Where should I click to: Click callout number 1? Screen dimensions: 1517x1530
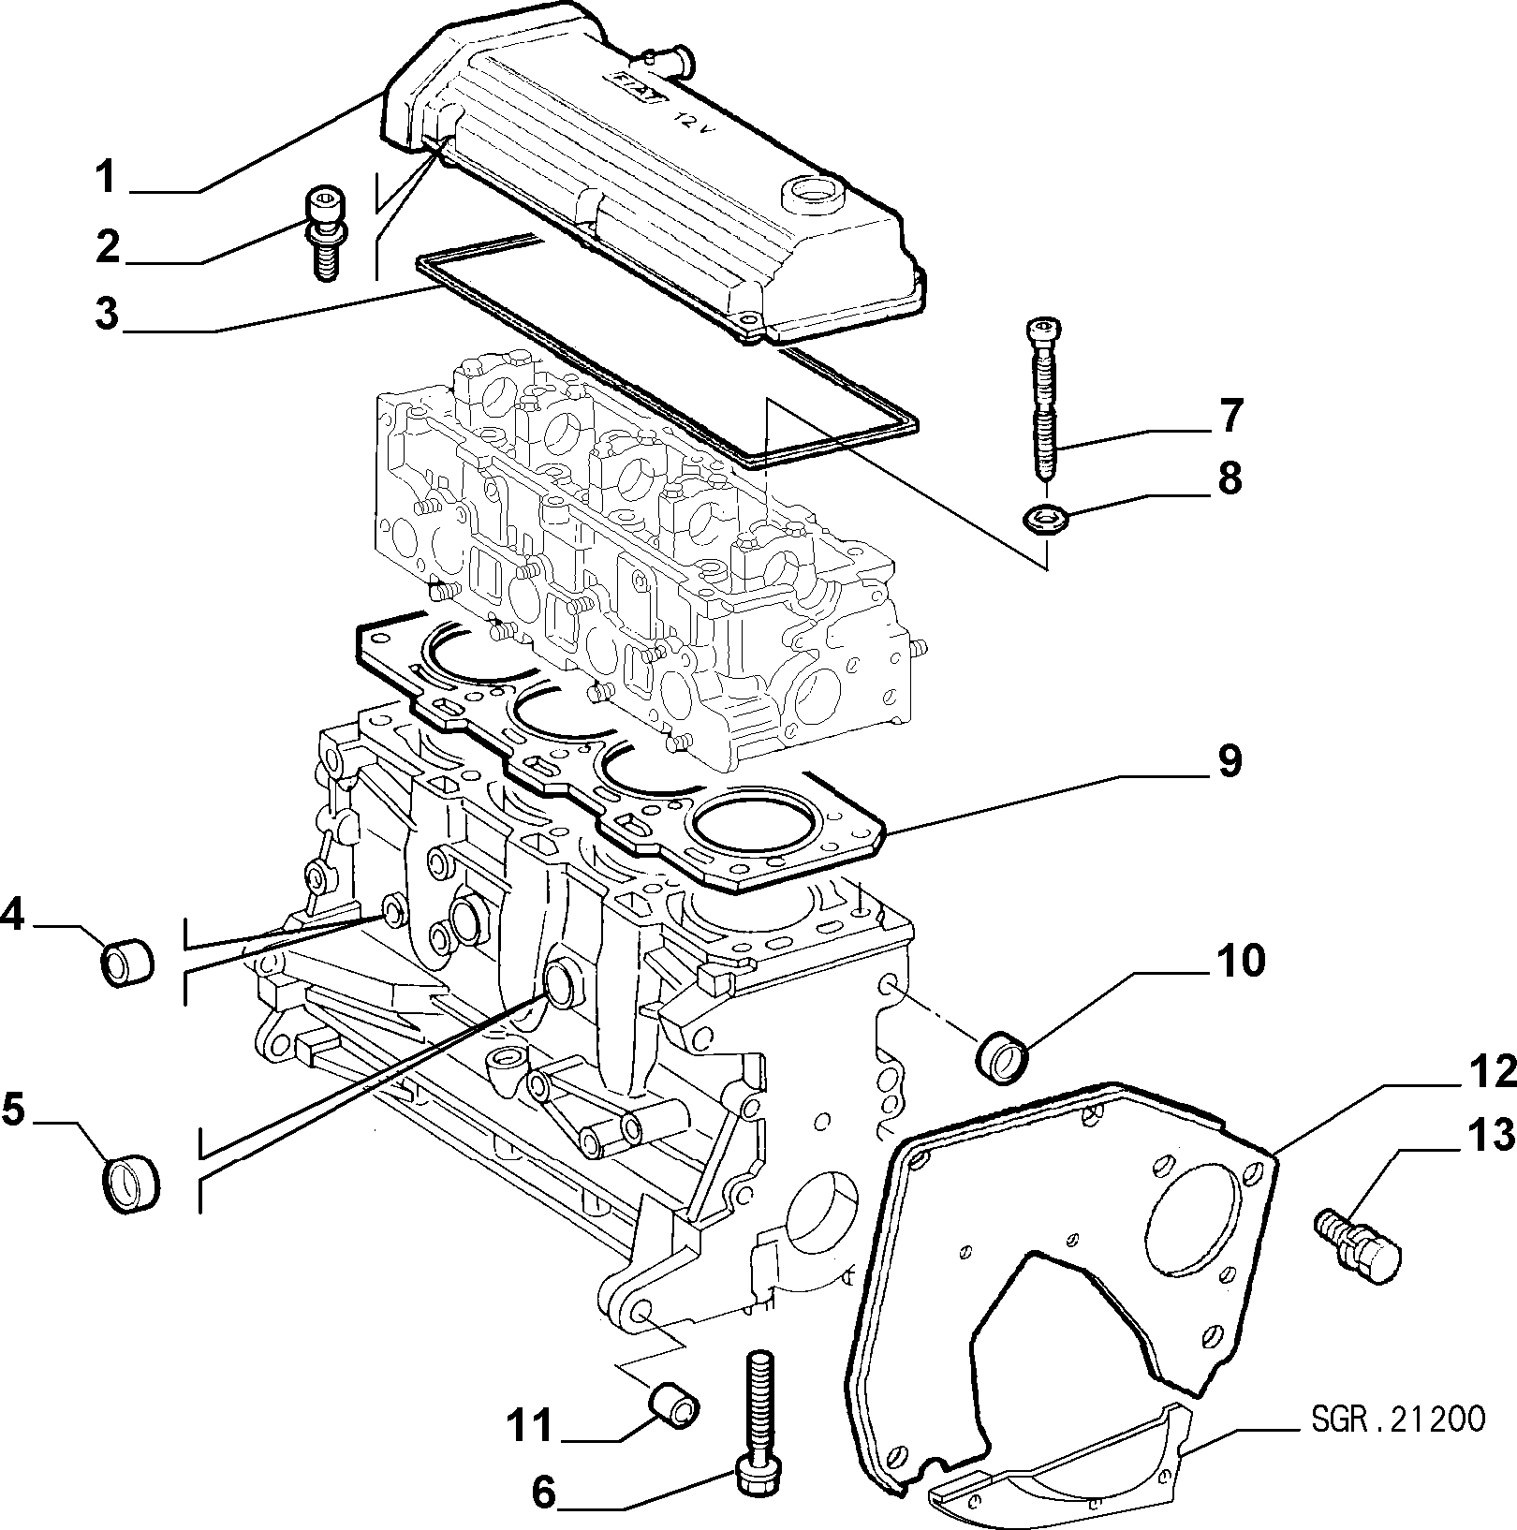click(x=108, y=177)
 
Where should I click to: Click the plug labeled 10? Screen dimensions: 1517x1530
click(x=1003, y=1056)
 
